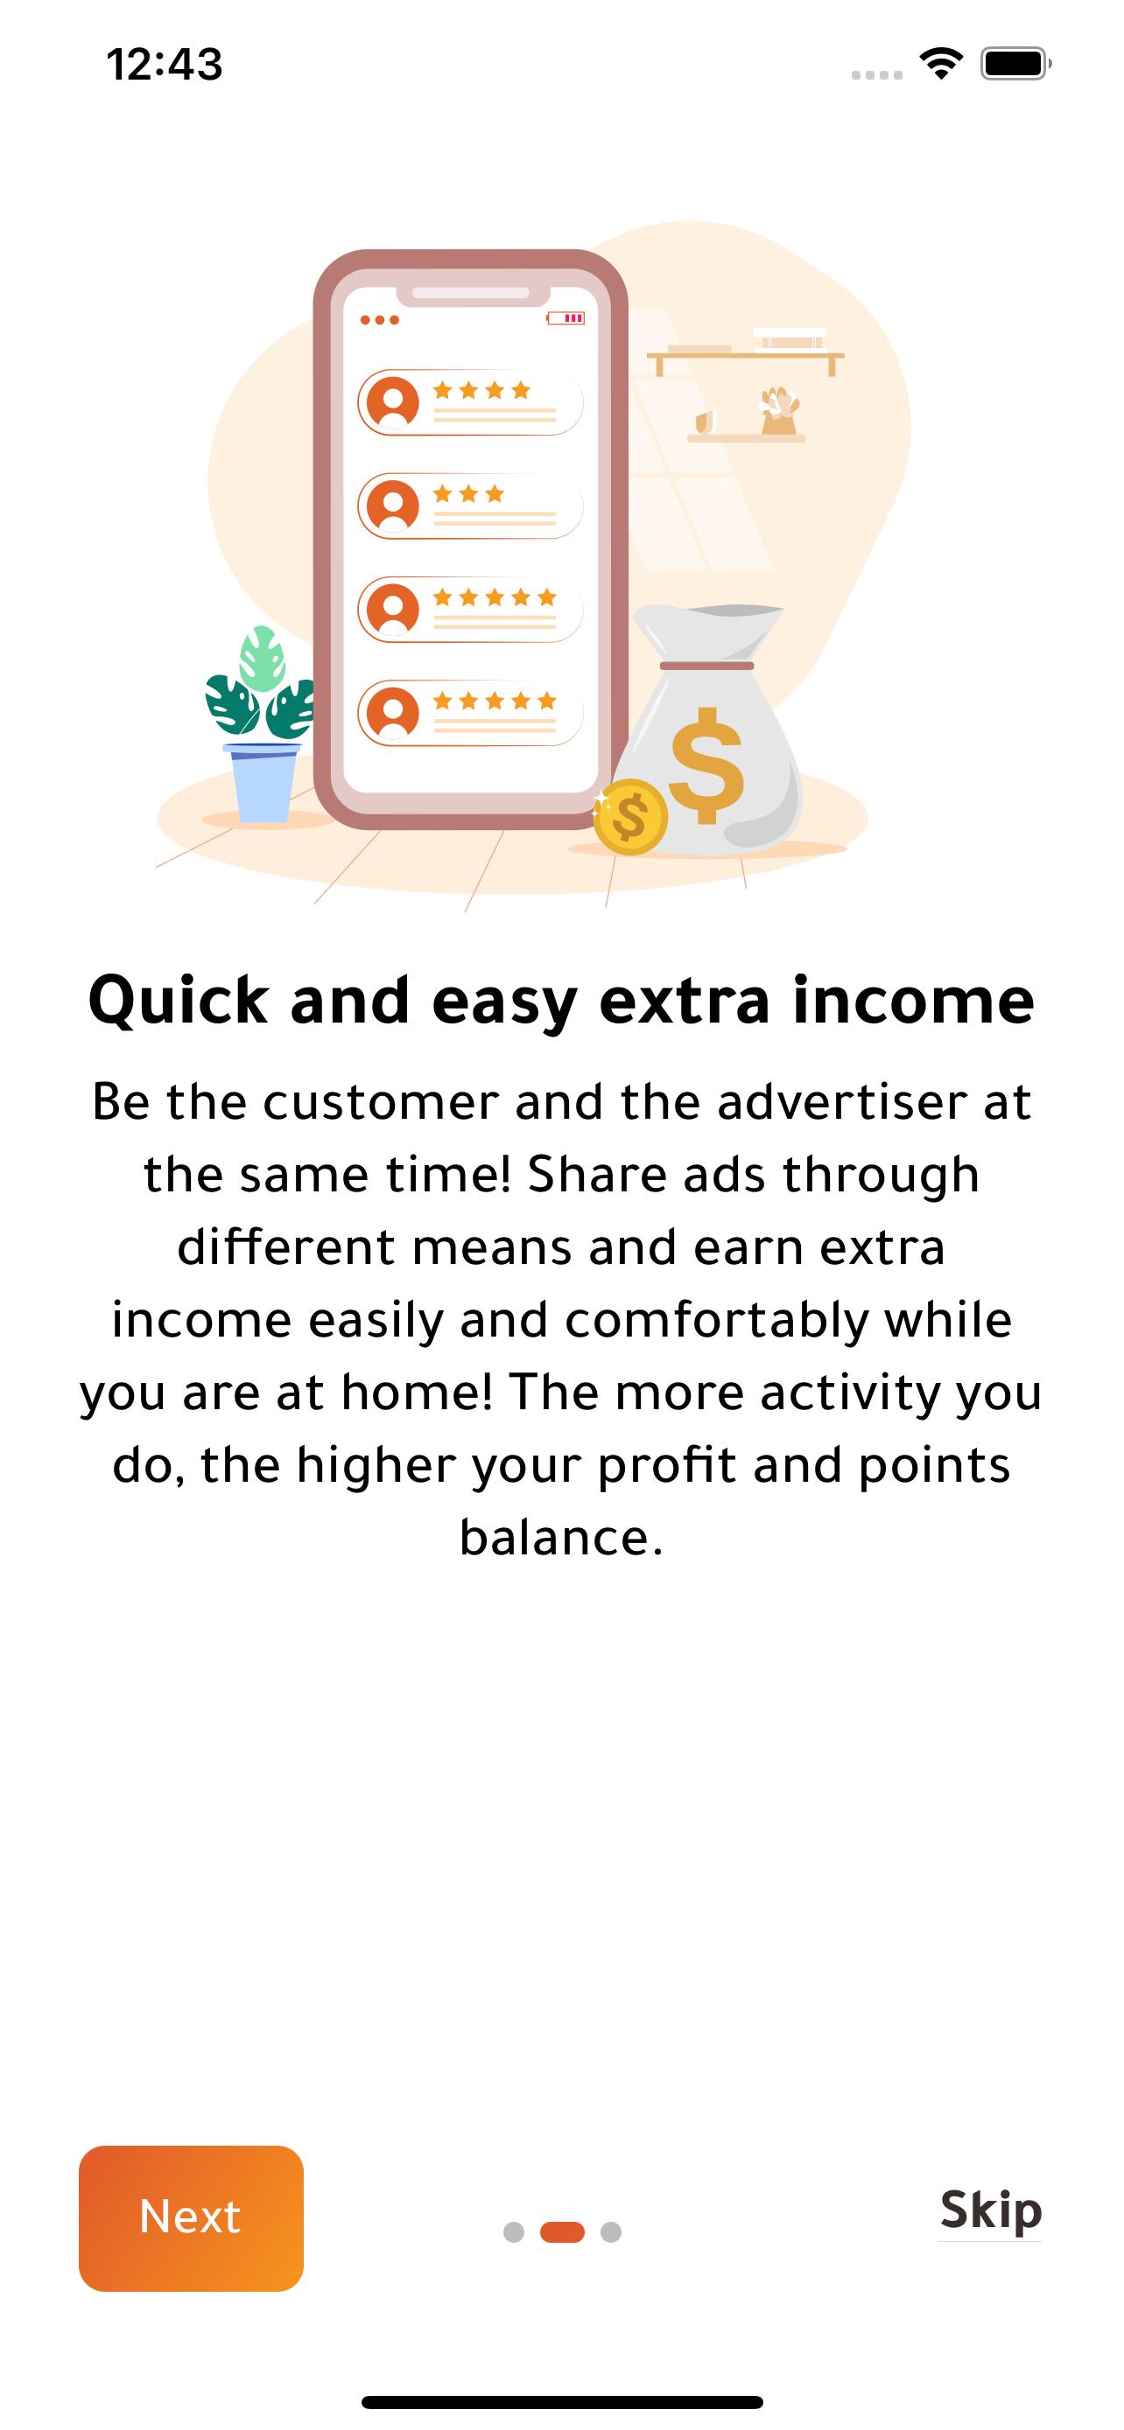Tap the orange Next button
tap(191, 2217)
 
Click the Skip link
tap(990, 2210)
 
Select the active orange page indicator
tap(563, 2232)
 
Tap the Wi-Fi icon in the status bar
tap(941, 63)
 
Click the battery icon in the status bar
tap(1015, 63)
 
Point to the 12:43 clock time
tap(165, 64)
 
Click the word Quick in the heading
tap(179, 1001)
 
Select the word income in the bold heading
tap(914, 999)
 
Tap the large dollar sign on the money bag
tap(706, 766)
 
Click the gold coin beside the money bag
tap(629, 817)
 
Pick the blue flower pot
tap(264, 782)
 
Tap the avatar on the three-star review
tap(392, 506)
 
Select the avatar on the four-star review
tap(392, 402)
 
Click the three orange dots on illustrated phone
tap(379, 320)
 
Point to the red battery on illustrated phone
tap(566, 318)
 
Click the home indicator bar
tap(563, 2401)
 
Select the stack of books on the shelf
tap(789, 338)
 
